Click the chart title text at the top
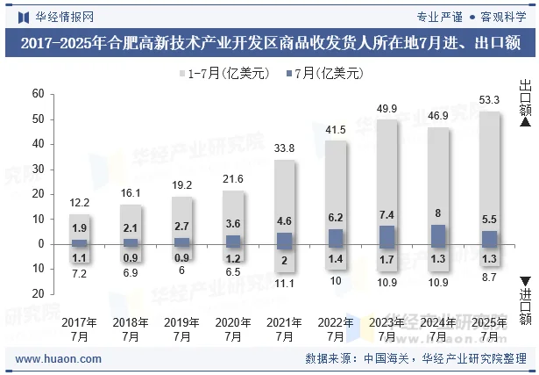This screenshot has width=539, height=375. click(x=269, y=42)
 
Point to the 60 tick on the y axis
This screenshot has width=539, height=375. click(x=38, y=94)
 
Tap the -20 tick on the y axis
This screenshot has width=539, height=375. click(x=35, y=294)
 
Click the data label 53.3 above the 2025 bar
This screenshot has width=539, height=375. click(x=490, y=100)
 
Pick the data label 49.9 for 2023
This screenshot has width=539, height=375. click(x=387, y=108)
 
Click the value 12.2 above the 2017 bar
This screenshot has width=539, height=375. click(x=80, y=203)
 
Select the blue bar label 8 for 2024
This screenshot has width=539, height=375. click(x=438, y=213)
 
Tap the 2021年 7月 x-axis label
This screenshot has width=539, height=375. click(x=284, y=329)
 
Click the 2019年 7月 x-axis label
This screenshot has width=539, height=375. click(x=181, y=329)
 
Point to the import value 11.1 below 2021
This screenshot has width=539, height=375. click(x=284, y=284)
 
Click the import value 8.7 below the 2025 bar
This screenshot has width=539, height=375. click(x=490, y=278)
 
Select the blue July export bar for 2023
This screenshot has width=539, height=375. click(x=387, y=234)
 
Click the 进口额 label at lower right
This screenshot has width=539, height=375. click(x=525, y=307)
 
